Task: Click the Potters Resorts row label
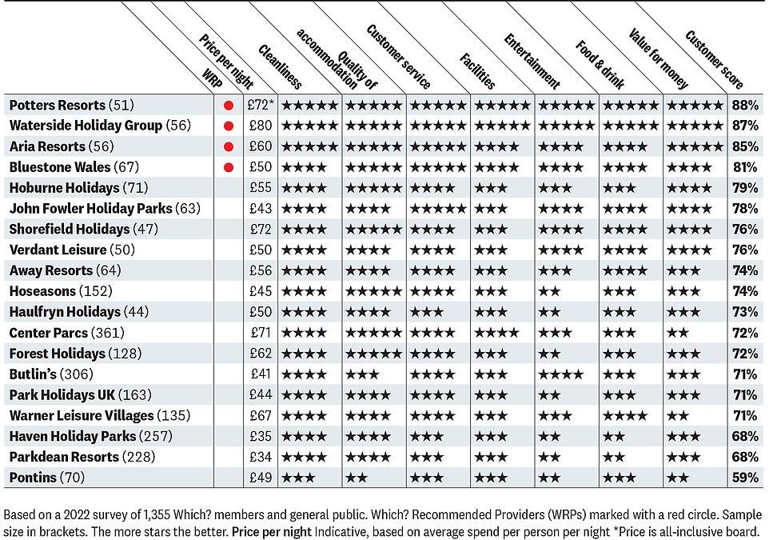click(72, 105)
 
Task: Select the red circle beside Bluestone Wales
click(228, 167)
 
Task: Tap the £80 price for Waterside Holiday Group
click(261, 126)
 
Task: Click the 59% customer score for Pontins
click(745, 477)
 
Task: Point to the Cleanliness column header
click(280, 66)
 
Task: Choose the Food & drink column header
click(600, 65)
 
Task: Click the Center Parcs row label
click(66, 333)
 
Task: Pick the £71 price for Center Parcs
click(261, 333)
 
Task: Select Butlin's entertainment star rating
click(560, 374)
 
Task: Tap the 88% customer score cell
click(745, 105)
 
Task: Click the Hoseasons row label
click(61, 291)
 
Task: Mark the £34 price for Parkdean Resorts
click(261, 457)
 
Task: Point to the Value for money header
click(659, 59)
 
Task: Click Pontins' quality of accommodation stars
click(356, 478)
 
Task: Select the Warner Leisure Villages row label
click(100, 416)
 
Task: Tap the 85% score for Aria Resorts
click(745, 146)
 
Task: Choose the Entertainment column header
click(532, 62)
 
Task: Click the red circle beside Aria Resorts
click(228, 146)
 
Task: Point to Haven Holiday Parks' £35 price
click(261, 436)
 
